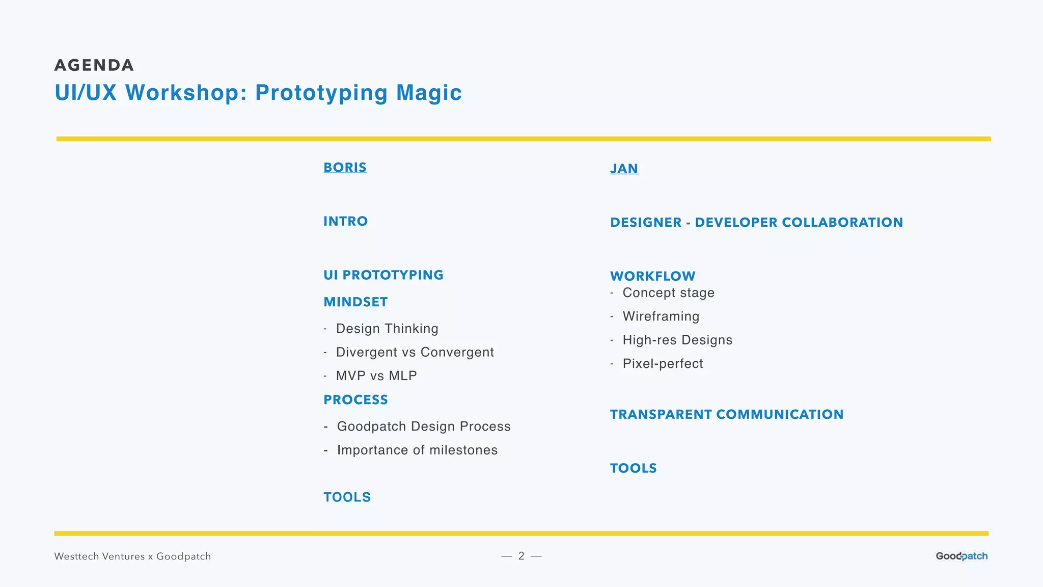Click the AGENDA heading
point(94,65)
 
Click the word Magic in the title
point(429,93)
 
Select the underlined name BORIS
point(345,168)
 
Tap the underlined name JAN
point(624,169)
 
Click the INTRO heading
point(345,221)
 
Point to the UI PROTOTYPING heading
point(383,275)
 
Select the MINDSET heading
point(355,302)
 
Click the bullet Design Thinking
point(387,329)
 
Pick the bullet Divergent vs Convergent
point(415,352)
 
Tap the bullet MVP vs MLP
point(376,376)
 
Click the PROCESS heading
point(355,400)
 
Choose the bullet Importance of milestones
point(417,450)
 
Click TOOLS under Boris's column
point(347,497)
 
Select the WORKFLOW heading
point(652,276)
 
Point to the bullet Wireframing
point(661,316)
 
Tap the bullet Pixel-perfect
point(663,364)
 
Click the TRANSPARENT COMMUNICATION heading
point(727,415)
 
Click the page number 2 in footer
point(521,556)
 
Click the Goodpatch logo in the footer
point(962,556)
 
